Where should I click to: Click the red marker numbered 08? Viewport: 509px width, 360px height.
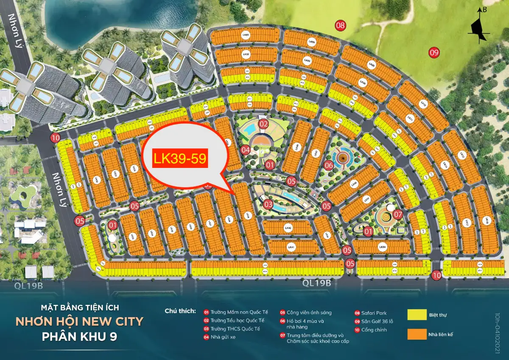pyautogui.click(x=340, y=25)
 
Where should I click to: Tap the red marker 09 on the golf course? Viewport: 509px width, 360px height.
pyautogui.click(x=434, y=53)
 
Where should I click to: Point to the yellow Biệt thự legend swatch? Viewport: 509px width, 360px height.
pyautogui.click(x=417, y=315)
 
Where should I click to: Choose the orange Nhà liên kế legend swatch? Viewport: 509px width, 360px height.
pyautogui.click(x=417, y=334)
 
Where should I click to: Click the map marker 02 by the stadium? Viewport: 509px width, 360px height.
pyautogui.click(x=264, y=124)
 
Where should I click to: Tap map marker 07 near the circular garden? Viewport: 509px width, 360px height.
pyautogui.click(x=397, y=214)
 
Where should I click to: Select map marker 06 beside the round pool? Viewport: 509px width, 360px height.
pyautogui.click(x=328, y=165)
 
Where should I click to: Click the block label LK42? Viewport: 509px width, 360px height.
pyautogui.click(x=289, y=228)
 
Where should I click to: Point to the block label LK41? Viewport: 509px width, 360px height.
pyautogui.click(x=291, y=247)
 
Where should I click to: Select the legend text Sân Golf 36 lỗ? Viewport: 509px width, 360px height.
pyautogui.click(x=380, y=321)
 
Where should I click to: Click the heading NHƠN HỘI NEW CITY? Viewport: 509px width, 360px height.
pyautogui.click(x=79, y=322)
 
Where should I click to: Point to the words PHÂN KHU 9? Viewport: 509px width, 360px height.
pyautogui.click(x=79, y=337)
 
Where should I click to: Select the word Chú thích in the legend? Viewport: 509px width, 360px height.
pyautogui.click(x=180, y=311)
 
